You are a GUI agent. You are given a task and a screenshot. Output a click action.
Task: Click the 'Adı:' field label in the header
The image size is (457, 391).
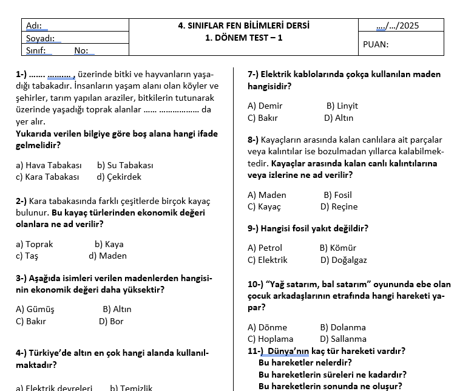pos(34,25)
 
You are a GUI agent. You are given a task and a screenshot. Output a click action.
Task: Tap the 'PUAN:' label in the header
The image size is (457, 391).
pos(376,44)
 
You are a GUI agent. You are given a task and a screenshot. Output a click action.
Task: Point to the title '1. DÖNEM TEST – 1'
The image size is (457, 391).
pos(243,38)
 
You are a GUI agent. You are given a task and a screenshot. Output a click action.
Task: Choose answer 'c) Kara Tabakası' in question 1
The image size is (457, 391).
pos(47,177)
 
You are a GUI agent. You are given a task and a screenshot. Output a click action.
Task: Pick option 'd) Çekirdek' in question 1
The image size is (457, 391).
pos(119,177)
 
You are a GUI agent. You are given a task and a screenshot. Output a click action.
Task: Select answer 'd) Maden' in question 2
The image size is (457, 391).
pos(107,256)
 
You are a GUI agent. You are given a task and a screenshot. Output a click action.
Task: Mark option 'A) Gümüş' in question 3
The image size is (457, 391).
pos(35,309)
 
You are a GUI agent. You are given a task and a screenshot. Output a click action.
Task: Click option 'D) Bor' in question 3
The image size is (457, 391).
pos(111,321)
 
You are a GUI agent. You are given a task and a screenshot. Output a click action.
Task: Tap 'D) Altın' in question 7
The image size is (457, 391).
pos(339,118)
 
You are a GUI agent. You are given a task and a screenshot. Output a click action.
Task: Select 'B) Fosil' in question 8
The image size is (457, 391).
pos(337,195)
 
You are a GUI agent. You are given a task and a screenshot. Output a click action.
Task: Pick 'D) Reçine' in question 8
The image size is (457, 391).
pos(339,206)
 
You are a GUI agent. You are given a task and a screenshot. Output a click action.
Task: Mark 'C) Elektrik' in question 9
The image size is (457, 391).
pos(268,260)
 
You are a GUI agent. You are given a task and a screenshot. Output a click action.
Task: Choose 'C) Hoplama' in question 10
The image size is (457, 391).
pos(270,339)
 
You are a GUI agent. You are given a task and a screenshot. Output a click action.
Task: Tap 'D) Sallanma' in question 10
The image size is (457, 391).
pos(343,339)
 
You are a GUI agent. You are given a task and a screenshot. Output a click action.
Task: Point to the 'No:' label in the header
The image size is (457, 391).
pos(81,51)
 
